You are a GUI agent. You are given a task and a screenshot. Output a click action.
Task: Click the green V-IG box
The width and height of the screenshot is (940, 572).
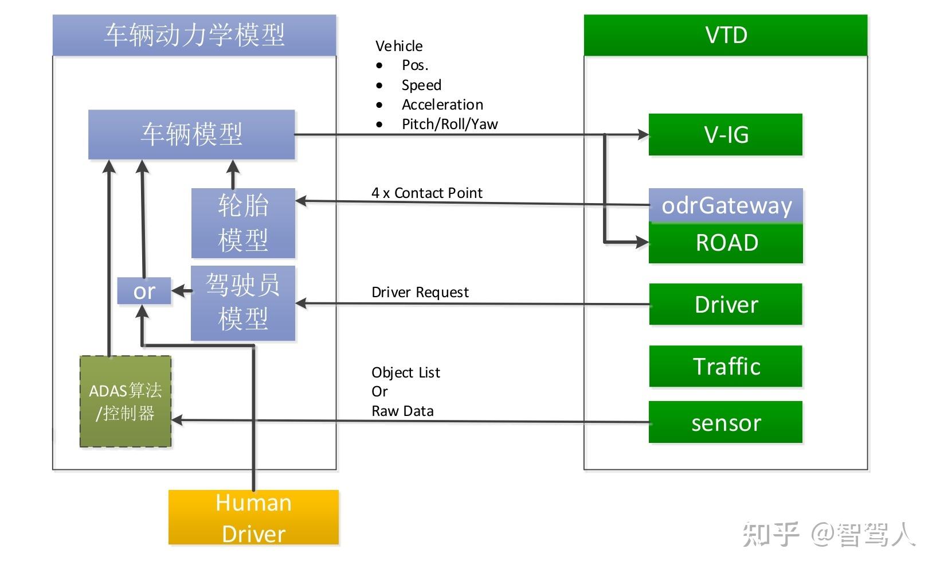point(725,135)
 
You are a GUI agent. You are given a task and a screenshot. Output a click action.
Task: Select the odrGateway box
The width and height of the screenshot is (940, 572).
point(726,205)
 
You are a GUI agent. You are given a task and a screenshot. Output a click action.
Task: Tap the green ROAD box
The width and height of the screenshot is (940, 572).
point(726,243)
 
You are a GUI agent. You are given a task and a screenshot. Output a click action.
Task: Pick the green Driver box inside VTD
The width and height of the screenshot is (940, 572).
point(726,305)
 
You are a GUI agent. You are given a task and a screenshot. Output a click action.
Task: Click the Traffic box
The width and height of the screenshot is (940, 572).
point(726,367)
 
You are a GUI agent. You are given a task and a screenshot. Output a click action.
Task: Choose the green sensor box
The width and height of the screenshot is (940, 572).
point(726,423)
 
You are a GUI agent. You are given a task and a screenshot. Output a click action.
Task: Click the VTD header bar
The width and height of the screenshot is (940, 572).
point(726,36)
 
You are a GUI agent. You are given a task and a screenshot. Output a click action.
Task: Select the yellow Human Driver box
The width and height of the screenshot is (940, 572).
point(253,517)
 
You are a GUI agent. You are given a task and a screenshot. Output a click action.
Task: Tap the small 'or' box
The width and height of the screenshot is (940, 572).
point(144,291)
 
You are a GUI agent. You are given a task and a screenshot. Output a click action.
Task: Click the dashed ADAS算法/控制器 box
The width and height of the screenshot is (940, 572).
point(126,402)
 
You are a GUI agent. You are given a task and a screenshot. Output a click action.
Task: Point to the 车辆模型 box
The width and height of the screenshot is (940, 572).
point(191,135)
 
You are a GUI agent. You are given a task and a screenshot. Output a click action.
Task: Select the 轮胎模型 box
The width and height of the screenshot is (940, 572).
point(243,223)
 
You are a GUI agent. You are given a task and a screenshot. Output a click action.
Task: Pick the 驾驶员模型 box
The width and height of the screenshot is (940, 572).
point(243,303)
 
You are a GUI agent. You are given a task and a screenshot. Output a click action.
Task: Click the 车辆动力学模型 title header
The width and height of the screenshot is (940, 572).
point(194,36)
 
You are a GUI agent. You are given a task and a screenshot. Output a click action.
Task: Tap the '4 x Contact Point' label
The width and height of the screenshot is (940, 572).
point(427,193)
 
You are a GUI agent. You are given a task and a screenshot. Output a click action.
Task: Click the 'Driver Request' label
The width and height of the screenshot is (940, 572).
point(420,293)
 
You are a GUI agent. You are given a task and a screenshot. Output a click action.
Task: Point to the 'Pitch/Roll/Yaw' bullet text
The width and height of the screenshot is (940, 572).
point(449,124)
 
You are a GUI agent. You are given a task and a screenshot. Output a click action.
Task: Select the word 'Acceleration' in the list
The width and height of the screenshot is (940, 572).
point(442,105)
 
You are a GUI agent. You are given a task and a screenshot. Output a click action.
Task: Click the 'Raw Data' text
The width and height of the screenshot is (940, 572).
point(402,411)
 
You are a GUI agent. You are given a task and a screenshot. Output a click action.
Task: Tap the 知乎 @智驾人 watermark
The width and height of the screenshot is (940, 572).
point(828,534)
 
